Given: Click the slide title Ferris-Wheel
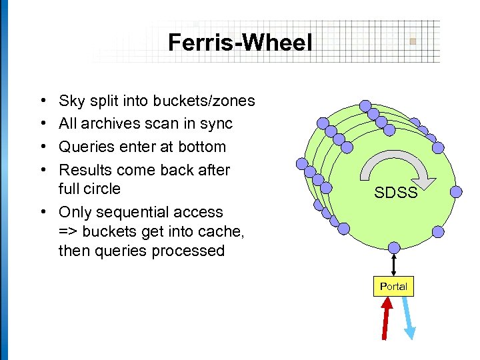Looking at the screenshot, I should [240, 43].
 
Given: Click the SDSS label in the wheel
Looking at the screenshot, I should [395, 193].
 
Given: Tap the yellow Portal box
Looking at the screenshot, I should [393, 286].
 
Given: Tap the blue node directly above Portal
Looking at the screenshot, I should [394, 247].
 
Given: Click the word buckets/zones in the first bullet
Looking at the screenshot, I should [203, 101].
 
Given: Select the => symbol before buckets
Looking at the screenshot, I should [68, 231].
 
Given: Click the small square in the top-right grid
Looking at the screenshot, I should [413, 41].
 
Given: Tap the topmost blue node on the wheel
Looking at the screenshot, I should [365, 105].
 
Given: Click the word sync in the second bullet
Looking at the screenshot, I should [216, 124].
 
